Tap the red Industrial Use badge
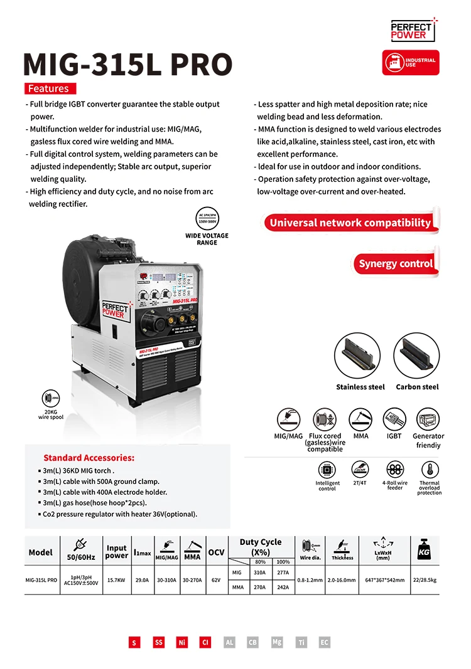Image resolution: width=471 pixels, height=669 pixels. [411, 63]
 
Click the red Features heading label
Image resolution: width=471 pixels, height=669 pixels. [50, 88]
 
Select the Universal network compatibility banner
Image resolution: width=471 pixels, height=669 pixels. [350, 223]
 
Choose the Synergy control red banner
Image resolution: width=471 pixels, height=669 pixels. [395, 264]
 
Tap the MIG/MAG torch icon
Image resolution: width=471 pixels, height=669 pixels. [288, 419]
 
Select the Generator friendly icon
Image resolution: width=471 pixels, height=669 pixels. [428, 419]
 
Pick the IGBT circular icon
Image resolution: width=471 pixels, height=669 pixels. [394, 419]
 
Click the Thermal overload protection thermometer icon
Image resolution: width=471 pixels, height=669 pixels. [430, 470]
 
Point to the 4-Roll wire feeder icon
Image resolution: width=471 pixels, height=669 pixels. [394, 470]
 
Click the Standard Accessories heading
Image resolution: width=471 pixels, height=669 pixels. [89, 458]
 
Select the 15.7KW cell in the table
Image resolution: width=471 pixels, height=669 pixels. [117, 580]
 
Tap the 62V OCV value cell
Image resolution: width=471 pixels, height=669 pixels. [216, 580]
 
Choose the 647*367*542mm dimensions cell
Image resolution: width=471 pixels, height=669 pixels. [384, 580]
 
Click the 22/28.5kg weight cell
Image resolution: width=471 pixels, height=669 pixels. [425, 580]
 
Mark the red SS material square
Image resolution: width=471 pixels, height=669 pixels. [159, 643]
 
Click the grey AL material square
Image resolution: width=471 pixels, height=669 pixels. [229, 643]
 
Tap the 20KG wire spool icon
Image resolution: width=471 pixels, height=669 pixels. [50, 399]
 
